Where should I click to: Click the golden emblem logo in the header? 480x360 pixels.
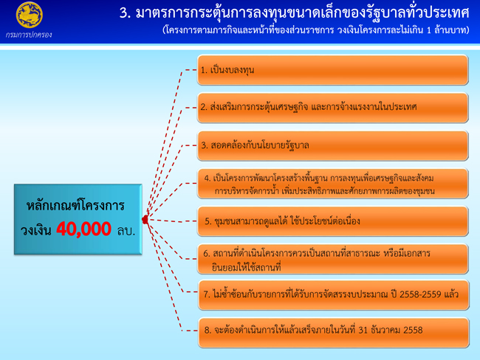[29, 15]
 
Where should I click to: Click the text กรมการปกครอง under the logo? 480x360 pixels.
[29, 35]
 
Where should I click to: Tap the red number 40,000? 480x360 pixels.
[83, 229]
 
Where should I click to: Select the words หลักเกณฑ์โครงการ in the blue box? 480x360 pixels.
[75, 205]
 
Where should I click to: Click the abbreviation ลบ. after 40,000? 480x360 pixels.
[126, 230]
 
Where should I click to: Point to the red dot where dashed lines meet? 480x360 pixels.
[145, 219]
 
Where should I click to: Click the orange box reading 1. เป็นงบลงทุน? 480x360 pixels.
[333, 70]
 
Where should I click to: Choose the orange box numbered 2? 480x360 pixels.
[333, 108]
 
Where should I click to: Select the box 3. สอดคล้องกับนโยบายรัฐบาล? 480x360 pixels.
[333, 145]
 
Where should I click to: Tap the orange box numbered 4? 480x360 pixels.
[333, 184]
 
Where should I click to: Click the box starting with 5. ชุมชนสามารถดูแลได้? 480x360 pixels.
[333, 221]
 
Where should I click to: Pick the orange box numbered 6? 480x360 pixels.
[333, 259]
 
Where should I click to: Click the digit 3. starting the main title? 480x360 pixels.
[126, 13]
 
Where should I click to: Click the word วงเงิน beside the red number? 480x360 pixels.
[36, 230]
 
